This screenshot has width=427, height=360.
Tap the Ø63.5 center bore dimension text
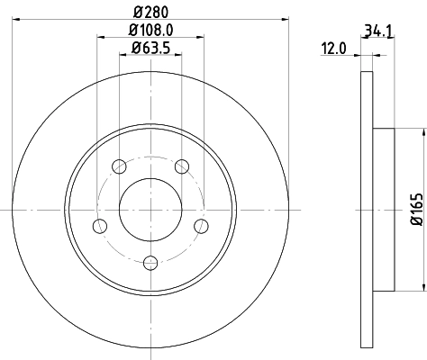(150, 49)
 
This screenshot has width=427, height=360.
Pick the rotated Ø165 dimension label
(416, 209)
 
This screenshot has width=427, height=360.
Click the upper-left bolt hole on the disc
(119, 166)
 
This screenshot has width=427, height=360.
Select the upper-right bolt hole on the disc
(183, 166)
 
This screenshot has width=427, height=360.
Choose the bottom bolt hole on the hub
(150, 262)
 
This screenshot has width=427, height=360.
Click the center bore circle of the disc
(150, 209)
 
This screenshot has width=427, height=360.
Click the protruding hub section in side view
(383, 209)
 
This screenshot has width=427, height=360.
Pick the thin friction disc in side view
(365, 209)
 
